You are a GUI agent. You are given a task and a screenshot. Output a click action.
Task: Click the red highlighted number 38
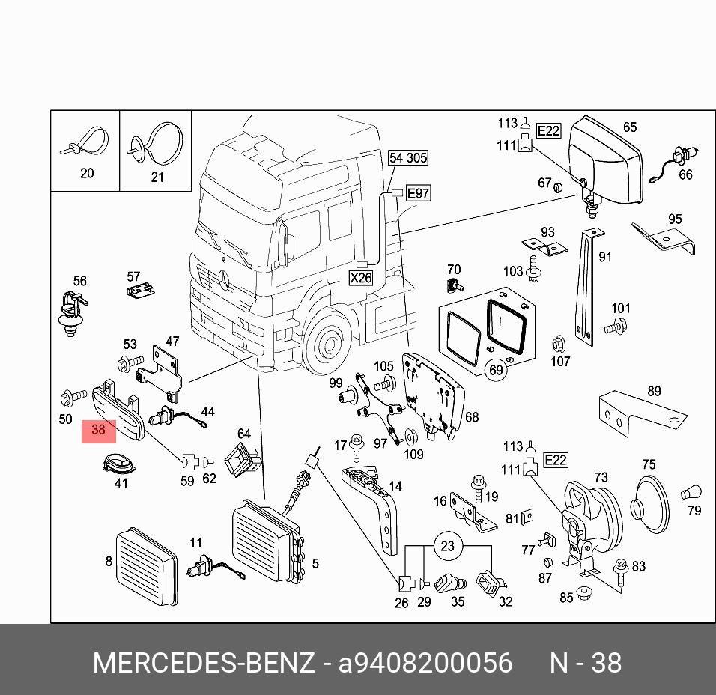coord(98,431)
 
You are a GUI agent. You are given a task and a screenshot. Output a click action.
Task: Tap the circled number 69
coord(496,370)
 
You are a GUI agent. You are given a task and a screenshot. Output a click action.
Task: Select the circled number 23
coord(447,546)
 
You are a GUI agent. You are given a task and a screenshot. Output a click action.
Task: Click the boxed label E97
coord(417,194)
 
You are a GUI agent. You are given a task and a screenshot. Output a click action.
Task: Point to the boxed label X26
coord(361,278)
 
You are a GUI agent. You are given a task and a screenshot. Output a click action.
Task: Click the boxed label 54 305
coord(408,157)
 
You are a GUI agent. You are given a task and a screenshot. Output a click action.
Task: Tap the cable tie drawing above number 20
coord(85,143)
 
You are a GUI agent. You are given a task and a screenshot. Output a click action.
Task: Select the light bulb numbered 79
coord(690,493)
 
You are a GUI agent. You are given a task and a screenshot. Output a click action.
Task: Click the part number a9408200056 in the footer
coord(425,663)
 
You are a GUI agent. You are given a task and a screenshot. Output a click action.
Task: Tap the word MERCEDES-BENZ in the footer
coord(203,663)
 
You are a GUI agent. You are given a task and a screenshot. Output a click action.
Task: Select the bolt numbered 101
coord(612,325)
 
